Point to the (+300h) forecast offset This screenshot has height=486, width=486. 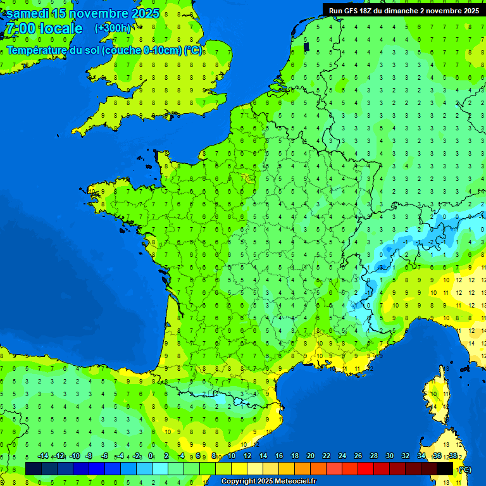coord(113,28)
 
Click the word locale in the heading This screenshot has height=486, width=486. coord(61,29)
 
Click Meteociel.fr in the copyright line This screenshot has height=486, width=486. coord(296,482)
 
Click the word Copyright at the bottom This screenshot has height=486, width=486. coord(239,482)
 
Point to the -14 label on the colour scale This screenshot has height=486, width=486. coord(42,456)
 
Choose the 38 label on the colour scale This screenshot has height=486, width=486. coord(452,456)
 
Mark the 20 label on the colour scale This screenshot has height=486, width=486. coord(310,456)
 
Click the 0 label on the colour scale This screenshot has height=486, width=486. coord(151,456)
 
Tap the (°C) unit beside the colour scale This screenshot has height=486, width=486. coord(464,469)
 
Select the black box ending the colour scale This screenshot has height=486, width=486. coord(445,468)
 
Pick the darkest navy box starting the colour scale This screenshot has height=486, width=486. coord(34,468)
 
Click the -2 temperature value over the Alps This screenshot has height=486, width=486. coord(431,242)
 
